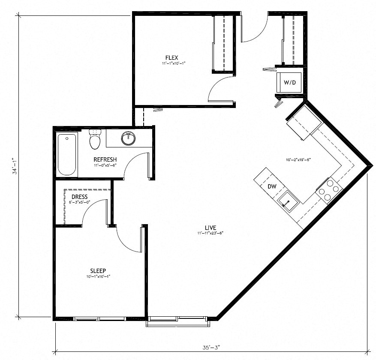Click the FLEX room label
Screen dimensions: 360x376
coord(171,57)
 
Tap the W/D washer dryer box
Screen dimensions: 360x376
coord(290,82)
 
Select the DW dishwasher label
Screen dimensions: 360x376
coord(272,187)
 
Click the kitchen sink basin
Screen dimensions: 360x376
coord(288,201)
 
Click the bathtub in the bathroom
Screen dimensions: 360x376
coord(67,154)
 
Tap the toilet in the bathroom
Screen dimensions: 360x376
coord(94,139)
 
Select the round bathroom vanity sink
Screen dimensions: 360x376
coord(128,138)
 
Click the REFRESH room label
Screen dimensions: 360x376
coord(105,160)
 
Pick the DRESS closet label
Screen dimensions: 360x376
coord(79,197)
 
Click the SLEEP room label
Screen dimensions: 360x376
coord(98,270)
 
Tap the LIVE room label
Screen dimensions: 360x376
coord(210,228)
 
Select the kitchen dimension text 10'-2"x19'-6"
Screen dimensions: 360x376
coord(297,159)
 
